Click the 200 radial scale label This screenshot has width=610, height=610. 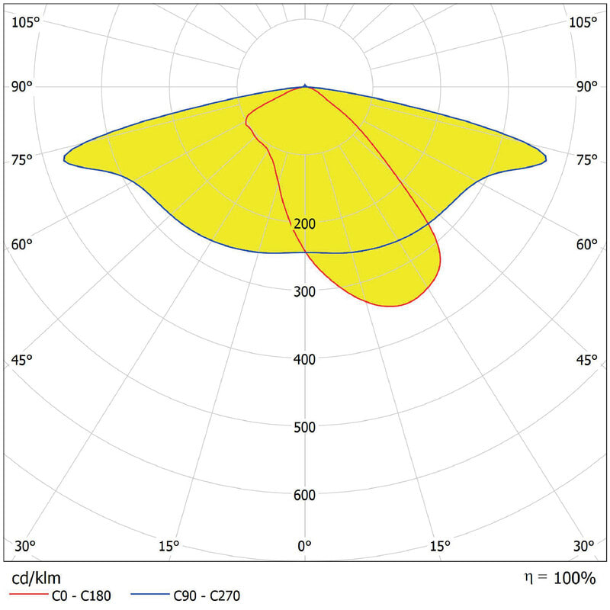305,224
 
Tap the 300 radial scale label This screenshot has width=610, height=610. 305,292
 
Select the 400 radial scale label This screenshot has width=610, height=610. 305,359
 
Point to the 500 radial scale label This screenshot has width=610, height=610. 305,427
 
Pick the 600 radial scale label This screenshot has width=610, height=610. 305,496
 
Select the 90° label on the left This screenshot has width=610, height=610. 22,86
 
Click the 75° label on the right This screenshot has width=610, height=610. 586,159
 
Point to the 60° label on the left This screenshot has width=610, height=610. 22,244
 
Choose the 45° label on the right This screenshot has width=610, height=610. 586,360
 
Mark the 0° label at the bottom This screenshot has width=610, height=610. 305,546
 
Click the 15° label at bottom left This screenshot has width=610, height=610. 169,546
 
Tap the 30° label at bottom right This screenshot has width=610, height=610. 584,546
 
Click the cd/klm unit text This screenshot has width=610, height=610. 36,579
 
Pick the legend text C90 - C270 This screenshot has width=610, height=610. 207,596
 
